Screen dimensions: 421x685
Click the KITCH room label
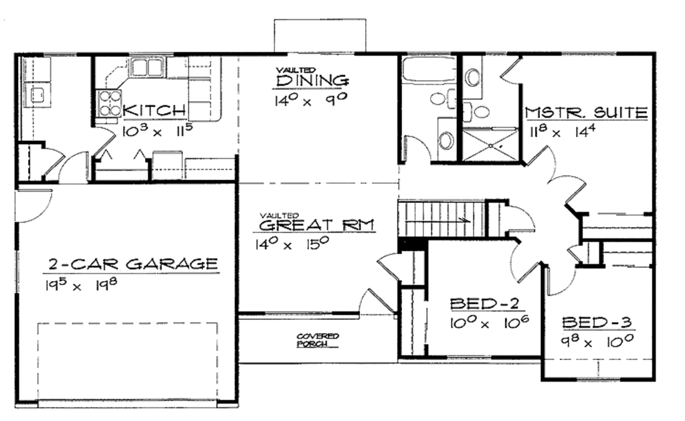[155, 110]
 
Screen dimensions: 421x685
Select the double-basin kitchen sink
[148, 67]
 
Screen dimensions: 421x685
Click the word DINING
[312, 81]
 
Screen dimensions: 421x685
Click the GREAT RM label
[316, 224]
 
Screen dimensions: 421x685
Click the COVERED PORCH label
[318, 340]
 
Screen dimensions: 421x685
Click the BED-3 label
[597, 323]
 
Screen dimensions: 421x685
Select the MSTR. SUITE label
[586, 112]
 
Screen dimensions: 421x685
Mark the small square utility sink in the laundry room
[37, 93]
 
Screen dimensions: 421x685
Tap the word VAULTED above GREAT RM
[273, 214]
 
